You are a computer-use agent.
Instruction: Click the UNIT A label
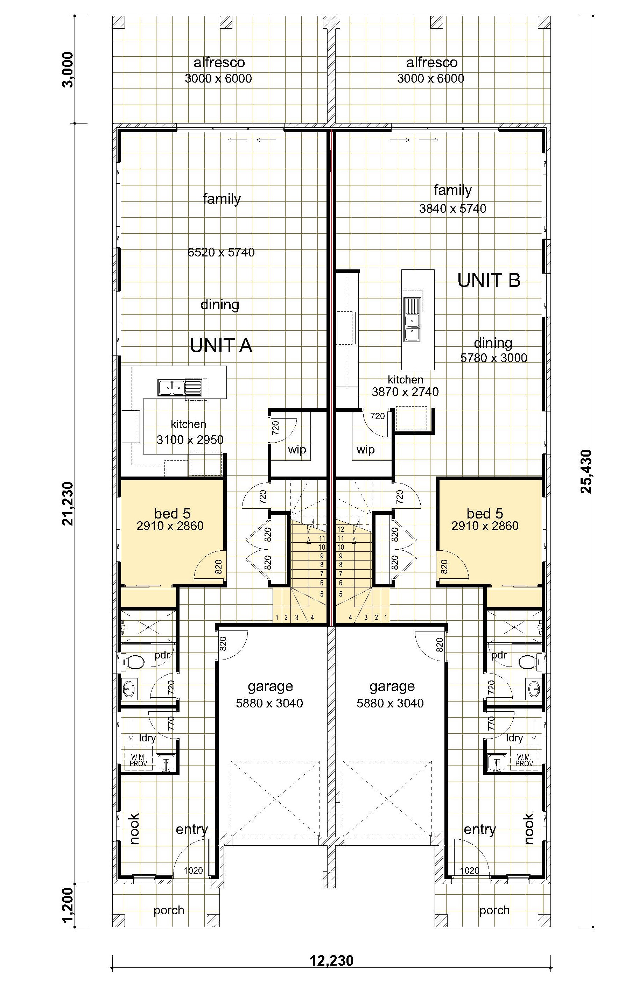[x=221, y=345]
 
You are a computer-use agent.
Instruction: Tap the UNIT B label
[x=489, y=281]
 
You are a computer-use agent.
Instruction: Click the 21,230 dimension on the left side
[x=68, y=503]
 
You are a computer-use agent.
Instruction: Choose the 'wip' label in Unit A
[x=297, y=449]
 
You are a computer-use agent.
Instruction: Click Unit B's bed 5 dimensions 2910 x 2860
[x=485, y=526]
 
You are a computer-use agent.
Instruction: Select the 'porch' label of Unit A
[x=169, y=910]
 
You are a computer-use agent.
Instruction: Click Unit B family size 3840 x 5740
[x=453, y=208]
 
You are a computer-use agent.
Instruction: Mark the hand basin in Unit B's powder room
[x=534, y=690]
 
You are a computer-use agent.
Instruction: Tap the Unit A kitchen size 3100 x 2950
[x=190, y=440]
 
